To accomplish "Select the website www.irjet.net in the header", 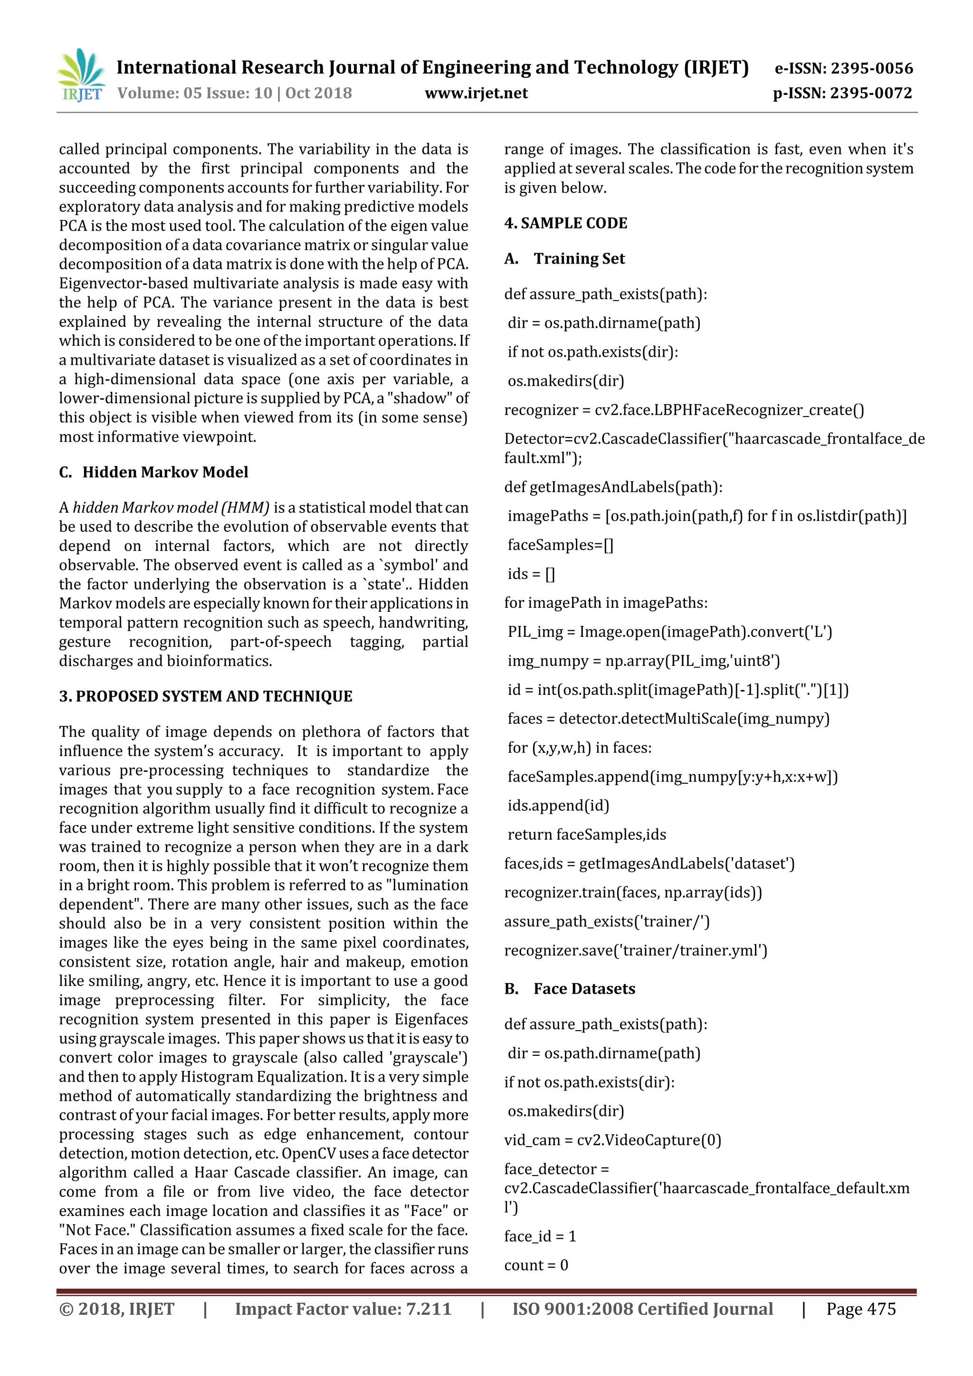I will coord(476,93).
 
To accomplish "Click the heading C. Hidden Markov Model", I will coord(153,472).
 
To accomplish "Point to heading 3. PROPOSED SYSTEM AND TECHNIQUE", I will coord(206,696).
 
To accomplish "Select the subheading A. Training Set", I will coord(565,258).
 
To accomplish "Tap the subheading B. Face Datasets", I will coord(570,988).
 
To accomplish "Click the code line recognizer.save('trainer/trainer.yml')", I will coord(636,950).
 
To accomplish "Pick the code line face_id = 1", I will coord(540,1236).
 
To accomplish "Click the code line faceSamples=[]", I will coord(560,545).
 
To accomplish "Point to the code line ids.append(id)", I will coord(558,806).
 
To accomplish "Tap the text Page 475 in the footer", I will coord(860,1309).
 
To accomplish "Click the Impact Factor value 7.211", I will coord(428,1309).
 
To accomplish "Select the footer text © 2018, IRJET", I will coord(117,1309).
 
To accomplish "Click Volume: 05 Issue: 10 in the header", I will coord(195,93).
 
